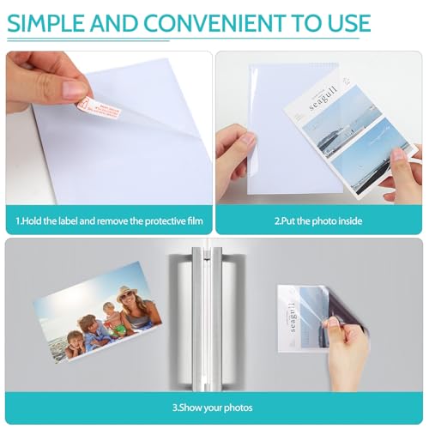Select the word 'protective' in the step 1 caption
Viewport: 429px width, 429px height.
click(145, 221)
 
